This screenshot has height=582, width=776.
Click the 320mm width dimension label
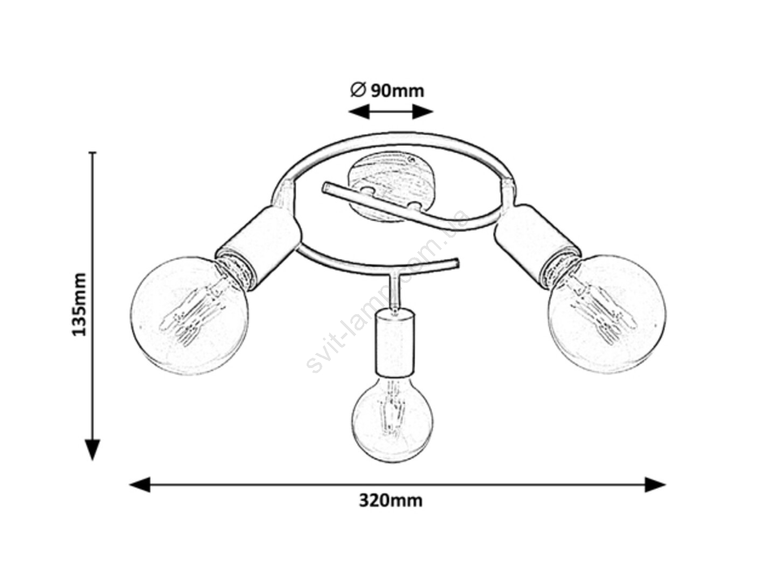click(x=390, y=501)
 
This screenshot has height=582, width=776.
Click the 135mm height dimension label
click(x=79, y=304)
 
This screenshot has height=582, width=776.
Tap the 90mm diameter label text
click(x=397, y=91)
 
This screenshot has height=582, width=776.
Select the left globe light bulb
click(x=189, y=315)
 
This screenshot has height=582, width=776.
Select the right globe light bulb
click(x=606, y=314)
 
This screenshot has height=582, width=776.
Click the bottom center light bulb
click(x=392, y=421)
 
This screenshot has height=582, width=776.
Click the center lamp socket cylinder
click(x=394, y=342)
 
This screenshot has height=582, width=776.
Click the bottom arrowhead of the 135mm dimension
click(x=93, y=450)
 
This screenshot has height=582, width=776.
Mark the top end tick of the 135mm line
click(x=93, y=153)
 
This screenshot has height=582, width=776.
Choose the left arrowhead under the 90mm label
click(x=359, y=112)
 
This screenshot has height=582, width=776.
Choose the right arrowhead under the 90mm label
click(x=423, y=112)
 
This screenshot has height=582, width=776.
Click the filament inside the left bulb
click(x=193, y=311)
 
